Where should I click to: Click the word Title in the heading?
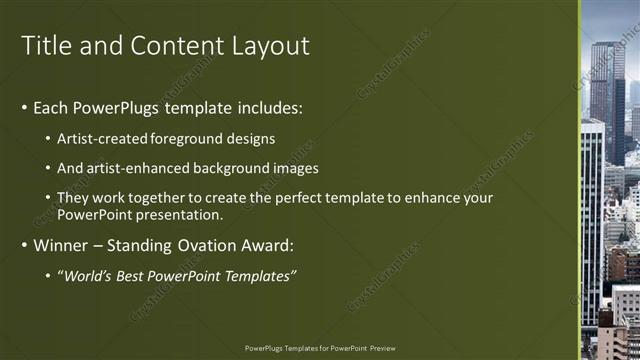(x=48, y=46)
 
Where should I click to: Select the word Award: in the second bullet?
(x=264, y=244)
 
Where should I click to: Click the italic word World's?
(x=89, y=275)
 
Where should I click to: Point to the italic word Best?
(x=135, y=275)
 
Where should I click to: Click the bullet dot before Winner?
(x=25, y=245)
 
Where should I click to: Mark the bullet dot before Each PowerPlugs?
(x=25, y=108)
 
